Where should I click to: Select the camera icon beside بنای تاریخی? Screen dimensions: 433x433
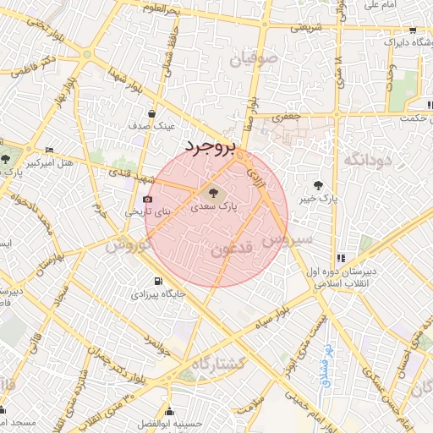[x=148, y=200]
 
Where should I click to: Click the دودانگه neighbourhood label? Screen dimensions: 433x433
[x=365, y=160]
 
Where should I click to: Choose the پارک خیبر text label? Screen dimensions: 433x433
[x=317, y=200]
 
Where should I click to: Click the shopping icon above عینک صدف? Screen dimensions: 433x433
[x=151, y=112]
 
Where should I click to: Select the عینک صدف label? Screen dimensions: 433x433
[x=152, y=125]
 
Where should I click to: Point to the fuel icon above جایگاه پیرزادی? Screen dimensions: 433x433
[x=156, y=282]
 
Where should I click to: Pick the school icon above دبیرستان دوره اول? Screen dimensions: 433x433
[x=341, y=258]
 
